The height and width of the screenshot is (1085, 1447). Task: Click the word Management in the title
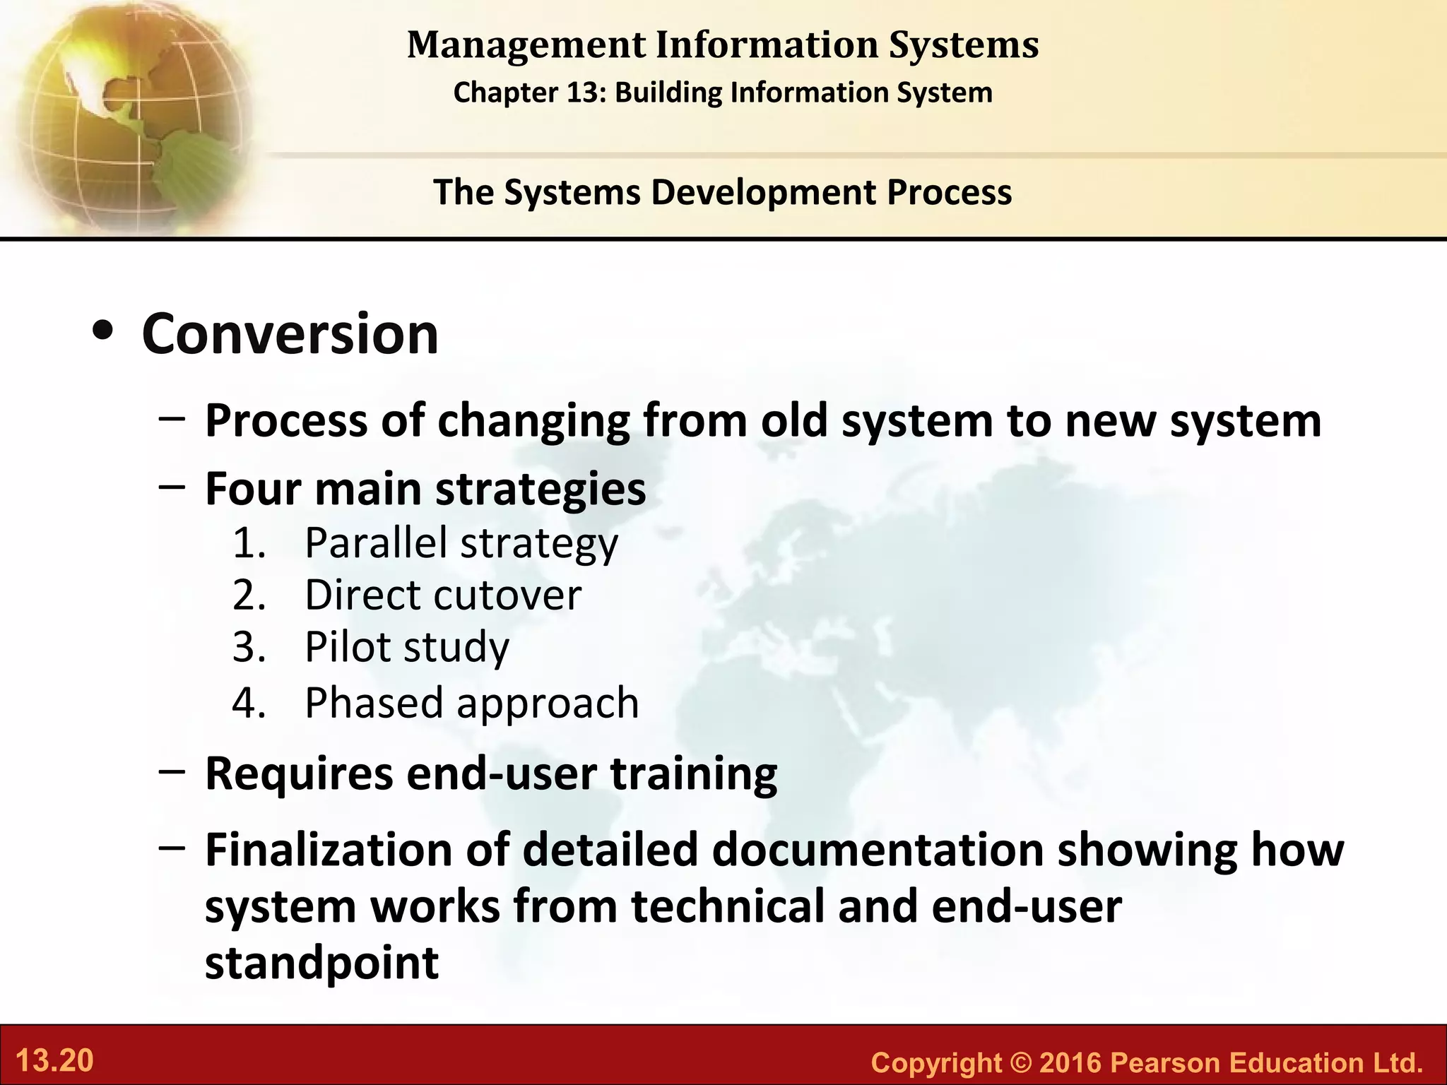tap(526, 45)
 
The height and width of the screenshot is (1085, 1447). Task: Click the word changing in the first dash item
tap(533, 422)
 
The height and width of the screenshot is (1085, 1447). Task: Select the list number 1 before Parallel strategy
tap(248, 543)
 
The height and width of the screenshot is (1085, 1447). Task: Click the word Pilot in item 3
tap(348, 647)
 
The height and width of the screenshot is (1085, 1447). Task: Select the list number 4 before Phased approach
tap(248, 703)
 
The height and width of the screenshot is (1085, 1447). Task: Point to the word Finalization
tap(328, 850)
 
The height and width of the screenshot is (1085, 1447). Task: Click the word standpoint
tap(321, 963)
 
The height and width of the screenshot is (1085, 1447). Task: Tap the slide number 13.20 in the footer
tap(54, 1061)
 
